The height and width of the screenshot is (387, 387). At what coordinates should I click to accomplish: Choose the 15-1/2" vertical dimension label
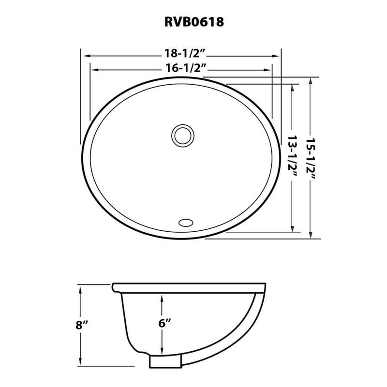[310, 158]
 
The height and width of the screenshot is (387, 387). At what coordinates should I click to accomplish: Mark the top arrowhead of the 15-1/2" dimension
[310, 81]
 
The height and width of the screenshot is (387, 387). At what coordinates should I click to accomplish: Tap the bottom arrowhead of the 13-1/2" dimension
[292, 228]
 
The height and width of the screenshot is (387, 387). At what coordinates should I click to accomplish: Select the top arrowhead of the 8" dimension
[80, 289]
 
